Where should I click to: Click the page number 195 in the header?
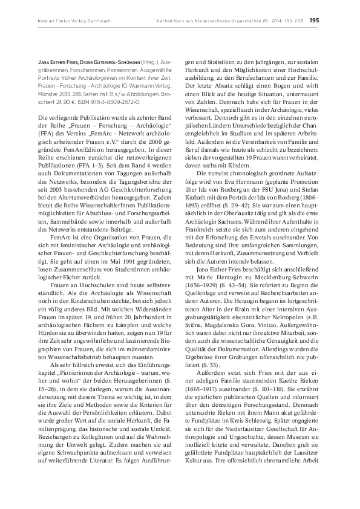(x=315, y=19)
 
